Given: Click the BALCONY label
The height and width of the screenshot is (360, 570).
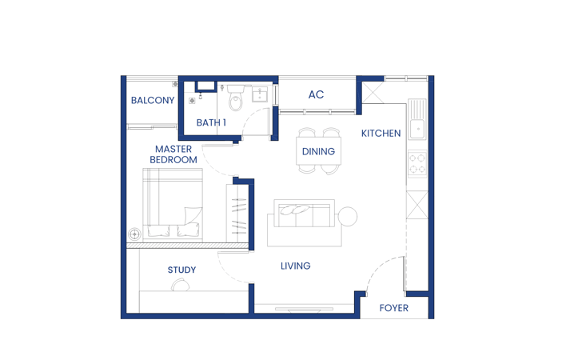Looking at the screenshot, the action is [x=153, y=100].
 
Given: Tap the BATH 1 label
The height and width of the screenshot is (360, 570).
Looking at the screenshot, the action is [x=211, y=123].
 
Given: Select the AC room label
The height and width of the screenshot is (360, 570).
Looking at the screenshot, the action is [x=316, y=95].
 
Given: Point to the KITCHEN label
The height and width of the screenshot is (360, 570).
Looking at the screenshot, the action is [x=381, y=134].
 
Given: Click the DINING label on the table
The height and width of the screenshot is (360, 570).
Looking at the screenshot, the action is [x=318, y=151].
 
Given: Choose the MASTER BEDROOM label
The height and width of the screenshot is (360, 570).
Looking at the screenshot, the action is [x=173, y=154].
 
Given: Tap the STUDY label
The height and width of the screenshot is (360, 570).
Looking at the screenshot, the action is [x=181, y=270].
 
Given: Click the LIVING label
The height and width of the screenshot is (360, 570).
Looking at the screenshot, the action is [x=296, y=266].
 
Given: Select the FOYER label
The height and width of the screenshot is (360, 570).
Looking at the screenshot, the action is [x=393, y=308].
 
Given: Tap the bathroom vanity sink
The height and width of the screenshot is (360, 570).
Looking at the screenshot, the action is [x=260, y=94].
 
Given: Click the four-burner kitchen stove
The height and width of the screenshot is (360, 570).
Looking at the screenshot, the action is [x=417, y=164].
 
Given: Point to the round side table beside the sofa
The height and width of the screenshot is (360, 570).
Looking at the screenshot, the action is [x=347, y=216].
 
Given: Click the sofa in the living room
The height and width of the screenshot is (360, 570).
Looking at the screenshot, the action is [x=305, y=222].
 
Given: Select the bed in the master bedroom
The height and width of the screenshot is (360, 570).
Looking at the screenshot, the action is [x=173, y=205].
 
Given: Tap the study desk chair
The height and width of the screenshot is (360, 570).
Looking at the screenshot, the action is [x=181, y=285].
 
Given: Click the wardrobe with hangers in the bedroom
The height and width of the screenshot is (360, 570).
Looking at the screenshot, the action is [x=237, y=214].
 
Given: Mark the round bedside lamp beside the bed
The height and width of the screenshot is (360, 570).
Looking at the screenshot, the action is [x=134, y=234].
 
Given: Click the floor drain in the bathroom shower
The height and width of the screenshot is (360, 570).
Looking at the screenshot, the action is [x=192, y=101].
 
